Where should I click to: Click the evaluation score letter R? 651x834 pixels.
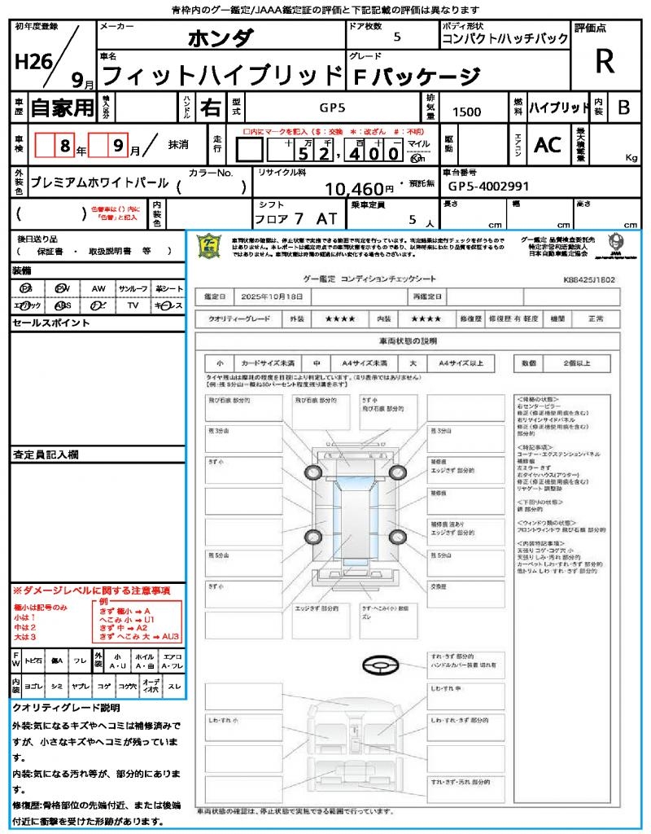tap(605, 62)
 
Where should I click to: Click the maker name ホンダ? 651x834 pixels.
tap(221, 37)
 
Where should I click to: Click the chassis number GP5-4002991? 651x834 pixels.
tap(488, 187)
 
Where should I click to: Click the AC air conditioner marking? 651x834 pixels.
tap(548, 144)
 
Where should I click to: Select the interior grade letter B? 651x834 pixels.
tap(623, 107)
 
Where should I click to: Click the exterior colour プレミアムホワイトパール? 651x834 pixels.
tap(98, 183)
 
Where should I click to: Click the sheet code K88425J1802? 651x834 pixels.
tap(588, 279)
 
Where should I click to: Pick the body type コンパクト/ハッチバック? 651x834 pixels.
tap(505, 39)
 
